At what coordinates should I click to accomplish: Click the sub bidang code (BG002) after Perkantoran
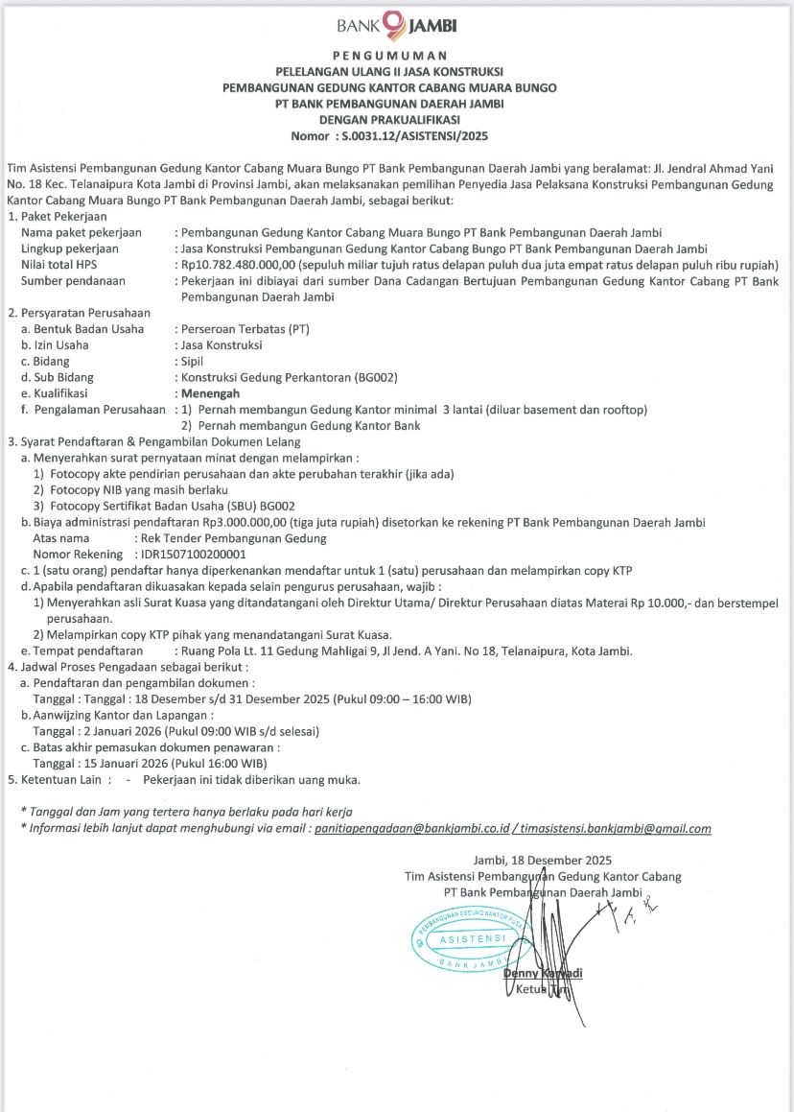pos(367,377)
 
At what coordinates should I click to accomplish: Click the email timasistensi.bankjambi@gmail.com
pos(617,829)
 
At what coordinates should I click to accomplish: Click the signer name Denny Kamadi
pos(543,974)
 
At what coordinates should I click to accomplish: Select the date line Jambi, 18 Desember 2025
pos(542,860)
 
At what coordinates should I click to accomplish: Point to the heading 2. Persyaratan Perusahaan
pos(79,313)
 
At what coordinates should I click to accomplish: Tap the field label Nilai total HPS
pos(66,265)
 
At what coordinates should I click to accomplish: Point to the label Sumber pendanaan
pos(76,281)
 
